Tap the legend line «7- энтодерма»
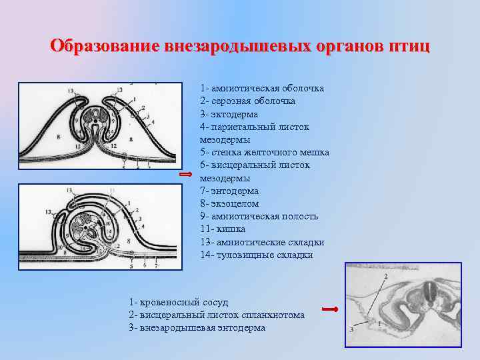(x=229, y=191)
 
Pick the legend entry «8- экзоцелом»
(x=229, y=203)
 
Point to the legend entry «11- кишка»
(x=223, y=229)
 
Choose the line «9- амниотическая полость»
(x=259, y=216)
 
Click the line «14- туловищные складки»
(x=256, y=255)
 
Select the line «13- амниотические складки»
(x=261, y=242)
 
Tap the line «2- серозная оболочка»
(x=247, y=101)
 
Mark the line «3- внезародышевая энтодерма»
(x=197, y=328)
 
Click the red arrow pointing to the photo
(x=330, y=309)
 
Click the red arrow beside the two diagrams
(x=187, y=173)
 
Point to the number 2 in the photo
(x=385, y=276)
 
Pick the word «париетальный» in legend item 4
(x=244, y=127)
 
